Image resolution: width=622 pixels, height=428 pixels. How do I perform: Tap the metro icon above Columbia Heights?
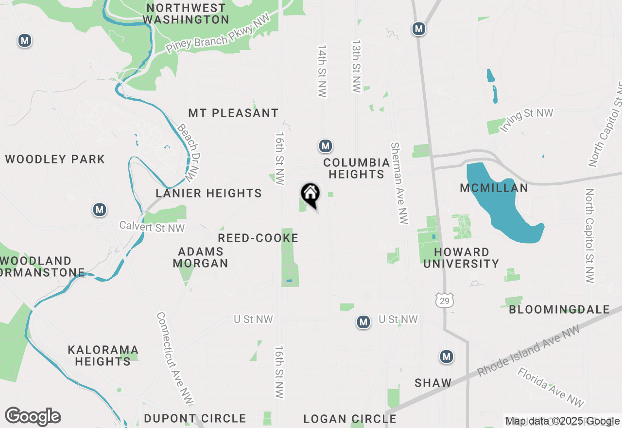click(x=326, y=146)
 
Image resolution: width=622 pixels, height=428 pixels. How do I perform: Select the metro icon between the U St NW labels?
click(x=363, y=322)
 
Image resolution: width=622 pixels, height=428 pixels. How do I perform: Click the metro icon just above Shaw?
click(x=447, y=357)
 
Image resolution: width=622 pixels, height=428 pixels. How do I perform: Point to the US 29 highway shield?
click(x=444, y=300)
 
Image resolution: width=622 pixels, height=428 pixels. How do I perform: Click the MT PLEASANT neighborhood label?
click(x=233, y=113)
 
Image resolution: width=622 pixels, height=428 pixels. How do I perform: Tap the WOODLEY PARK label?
click(x=55, y=160)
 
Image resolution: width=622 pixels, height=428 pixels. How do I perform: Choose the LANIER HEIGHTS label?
click(x=209, y=194)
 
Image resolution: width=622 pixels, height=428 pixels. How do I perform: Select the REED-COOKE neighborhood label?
click(x=258, y=238)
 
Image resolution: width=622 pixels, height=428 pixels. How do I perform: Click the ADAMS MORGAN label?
click(x=201, y=257)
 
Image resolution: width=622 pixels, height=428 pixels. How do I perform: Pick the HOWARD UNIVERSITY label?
click(x=462, y=258)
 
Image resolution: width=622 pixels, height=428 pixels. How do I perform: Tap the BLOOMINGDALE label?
click(x=559, y=309)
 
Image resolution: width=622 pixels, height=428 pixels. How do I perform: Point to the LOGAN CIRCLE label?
click(x=350, y=419)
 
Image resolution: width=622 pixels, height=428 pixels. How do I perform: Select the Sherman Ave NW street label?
click(x=398, y=183)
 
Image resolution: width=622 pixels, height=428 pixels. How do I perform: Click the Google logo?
click(x=33, y=417)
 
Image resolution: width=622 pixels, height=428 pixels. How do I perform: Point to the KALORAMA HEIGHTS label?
click(x=103, y=356)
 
